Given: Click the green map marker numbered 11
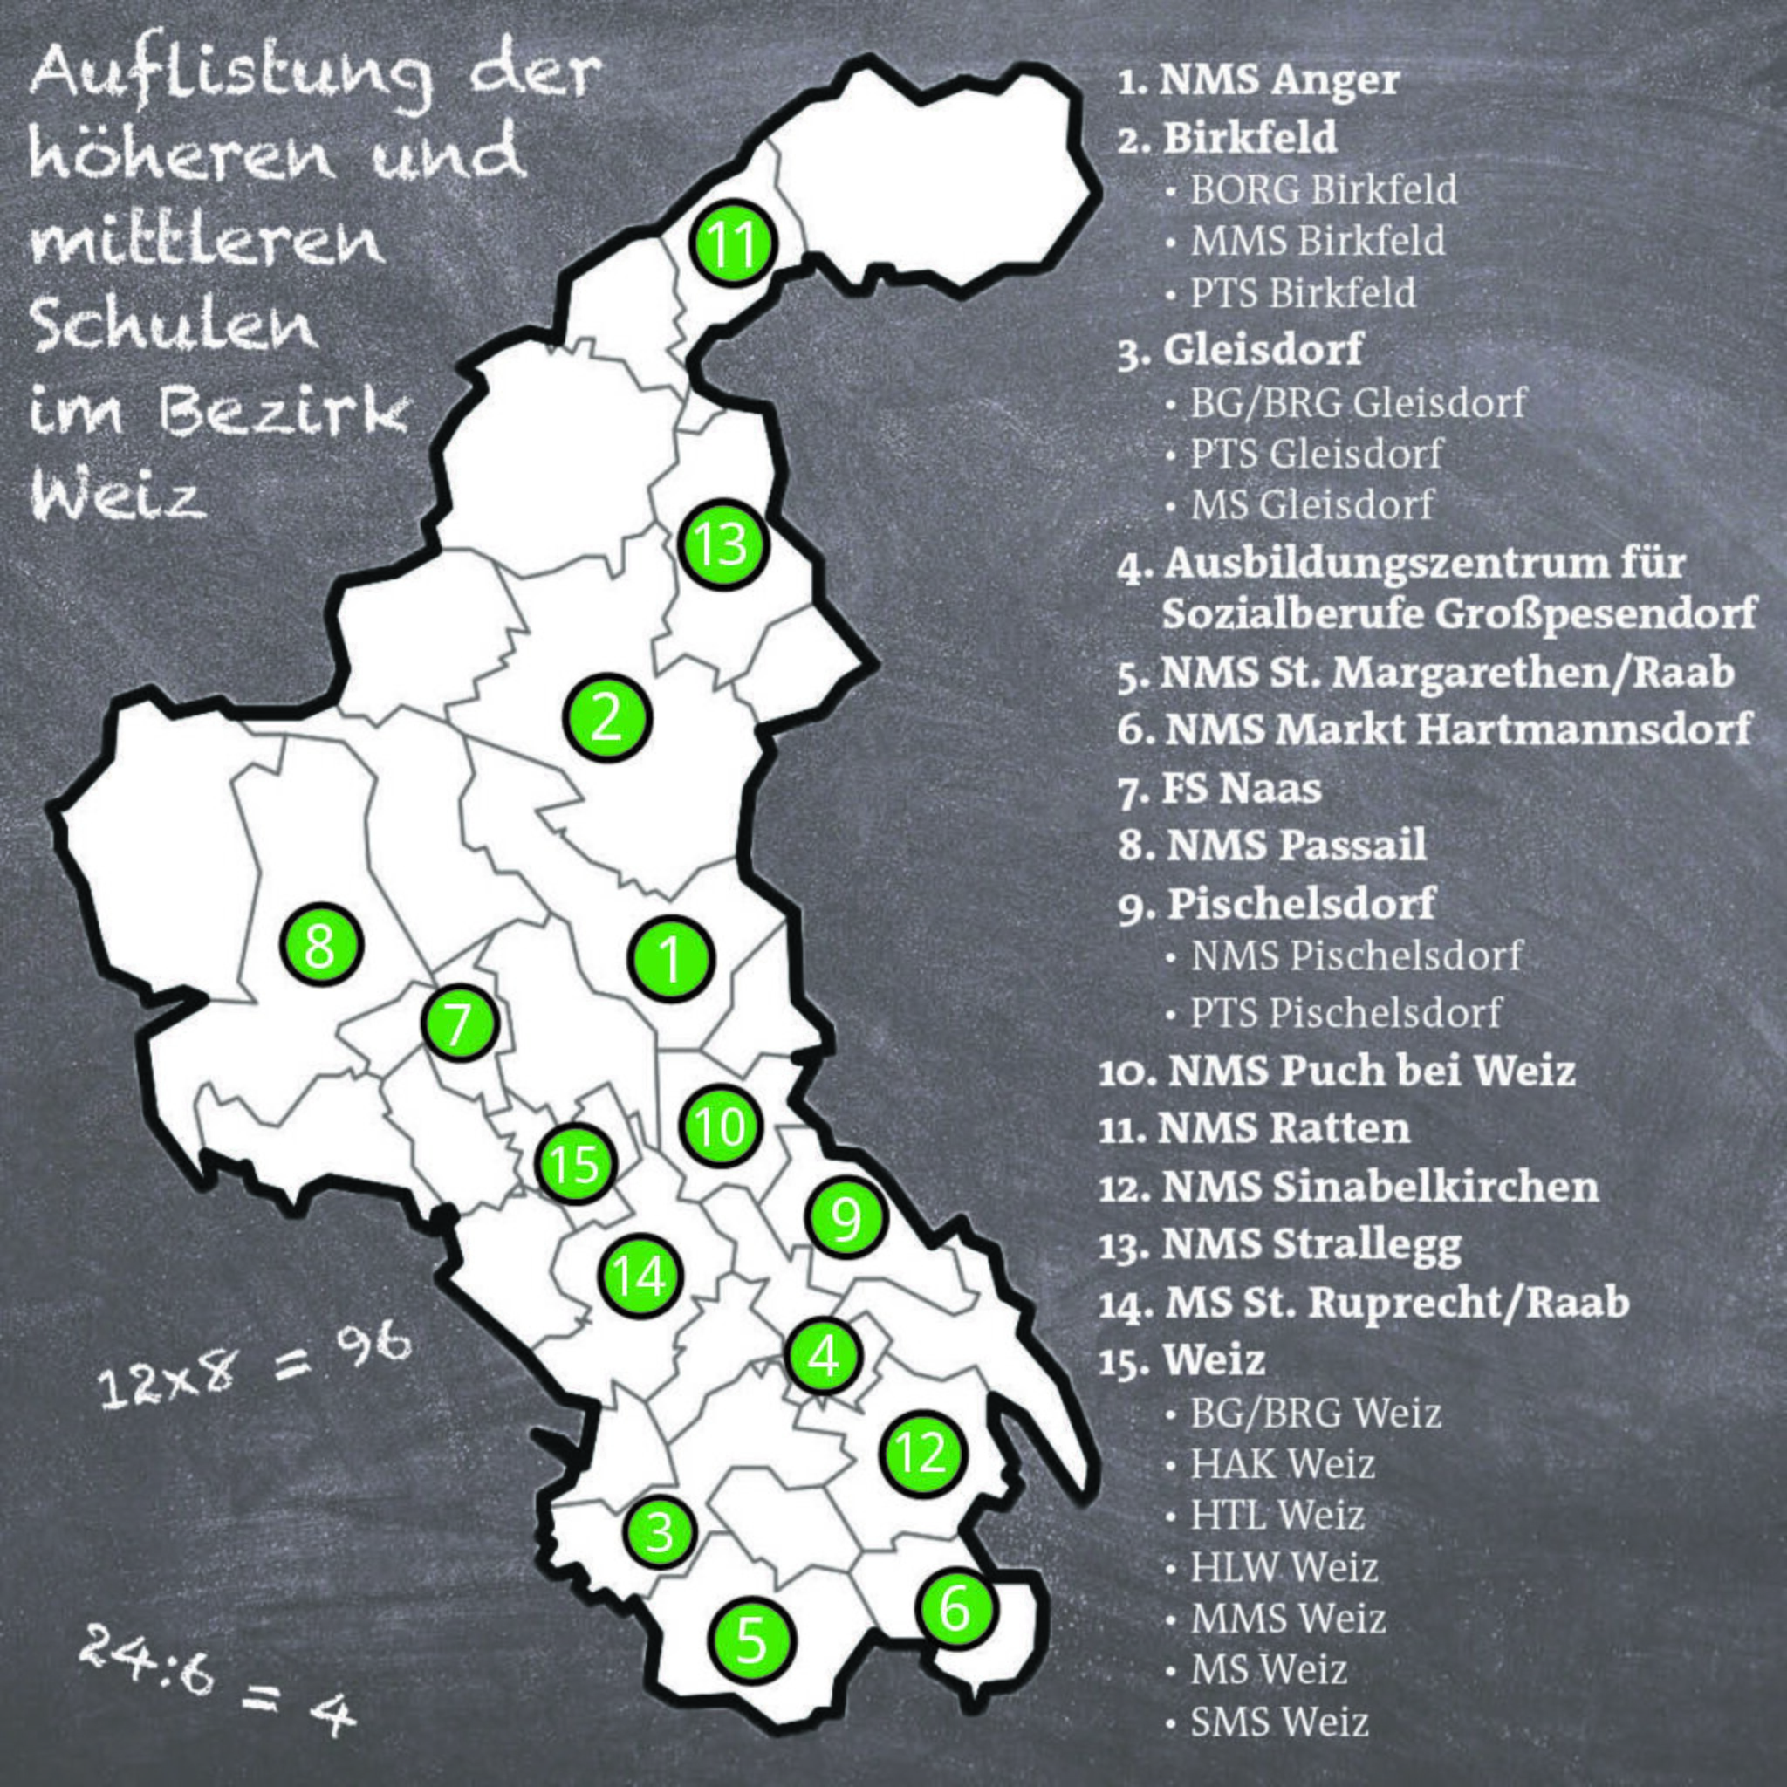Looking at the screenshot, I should coord(735,243).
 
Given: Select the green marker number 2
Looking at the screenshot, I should coord(606,718).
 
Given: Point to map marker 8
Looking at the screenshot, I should coord(321,945).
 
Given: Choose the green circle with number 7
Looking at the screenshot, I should coord(460,1023).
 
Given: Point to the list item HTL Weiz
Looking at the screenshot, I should coord(1277,1515).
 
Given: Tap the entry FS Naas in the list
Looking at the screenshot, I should coord(1220,789).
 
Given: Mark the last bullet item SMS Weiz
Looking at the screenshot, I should coord(1278,1722).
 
